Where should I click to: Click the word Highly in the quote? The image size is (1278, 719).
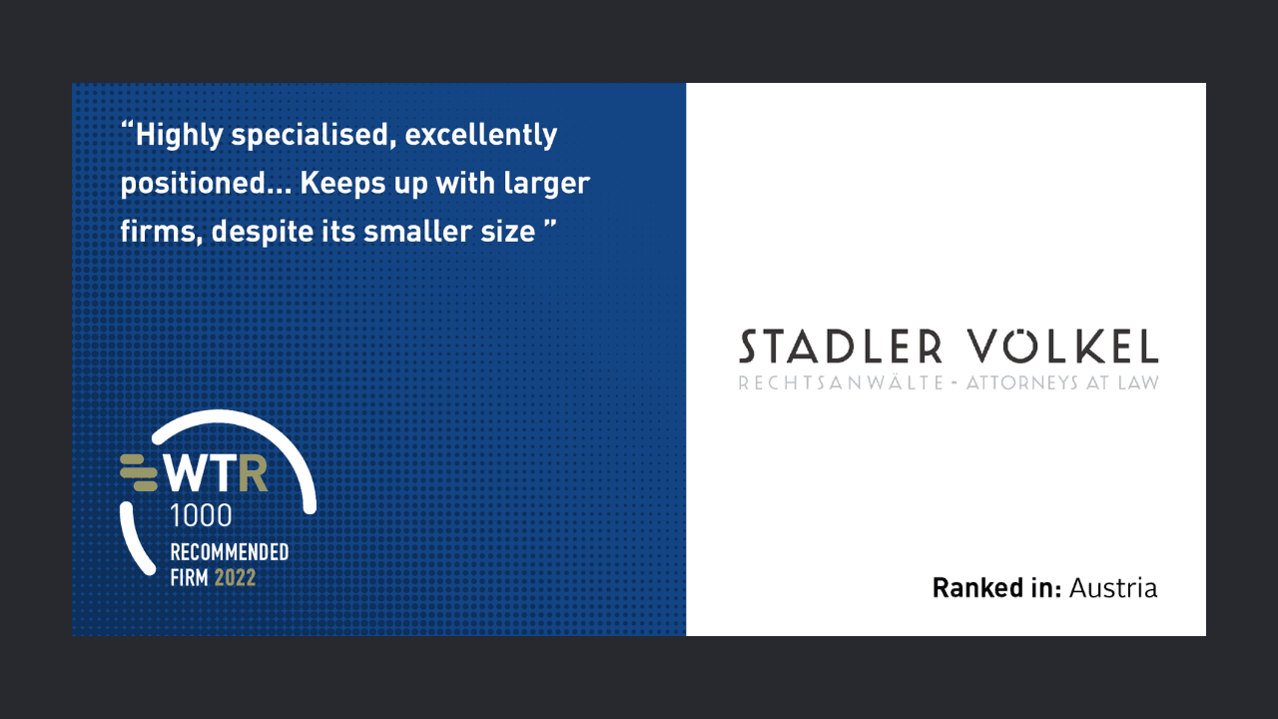[178, 136]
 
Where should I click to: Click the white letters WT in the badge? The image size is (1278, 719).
[201, 475]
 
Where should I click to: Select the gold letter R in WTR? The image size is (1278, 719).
[254, 475]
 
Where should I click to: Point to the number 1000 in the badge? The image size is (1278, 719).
[201, 515]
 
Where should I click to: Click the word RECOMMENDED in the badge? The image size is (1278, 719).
[230, 552]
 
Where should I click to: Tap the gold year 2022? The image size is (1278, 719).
[235, 577]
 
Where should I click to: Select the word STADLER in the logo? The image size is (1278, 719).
[840, 347]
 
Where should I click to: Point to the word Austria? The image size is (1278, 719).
[1113, 588]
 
